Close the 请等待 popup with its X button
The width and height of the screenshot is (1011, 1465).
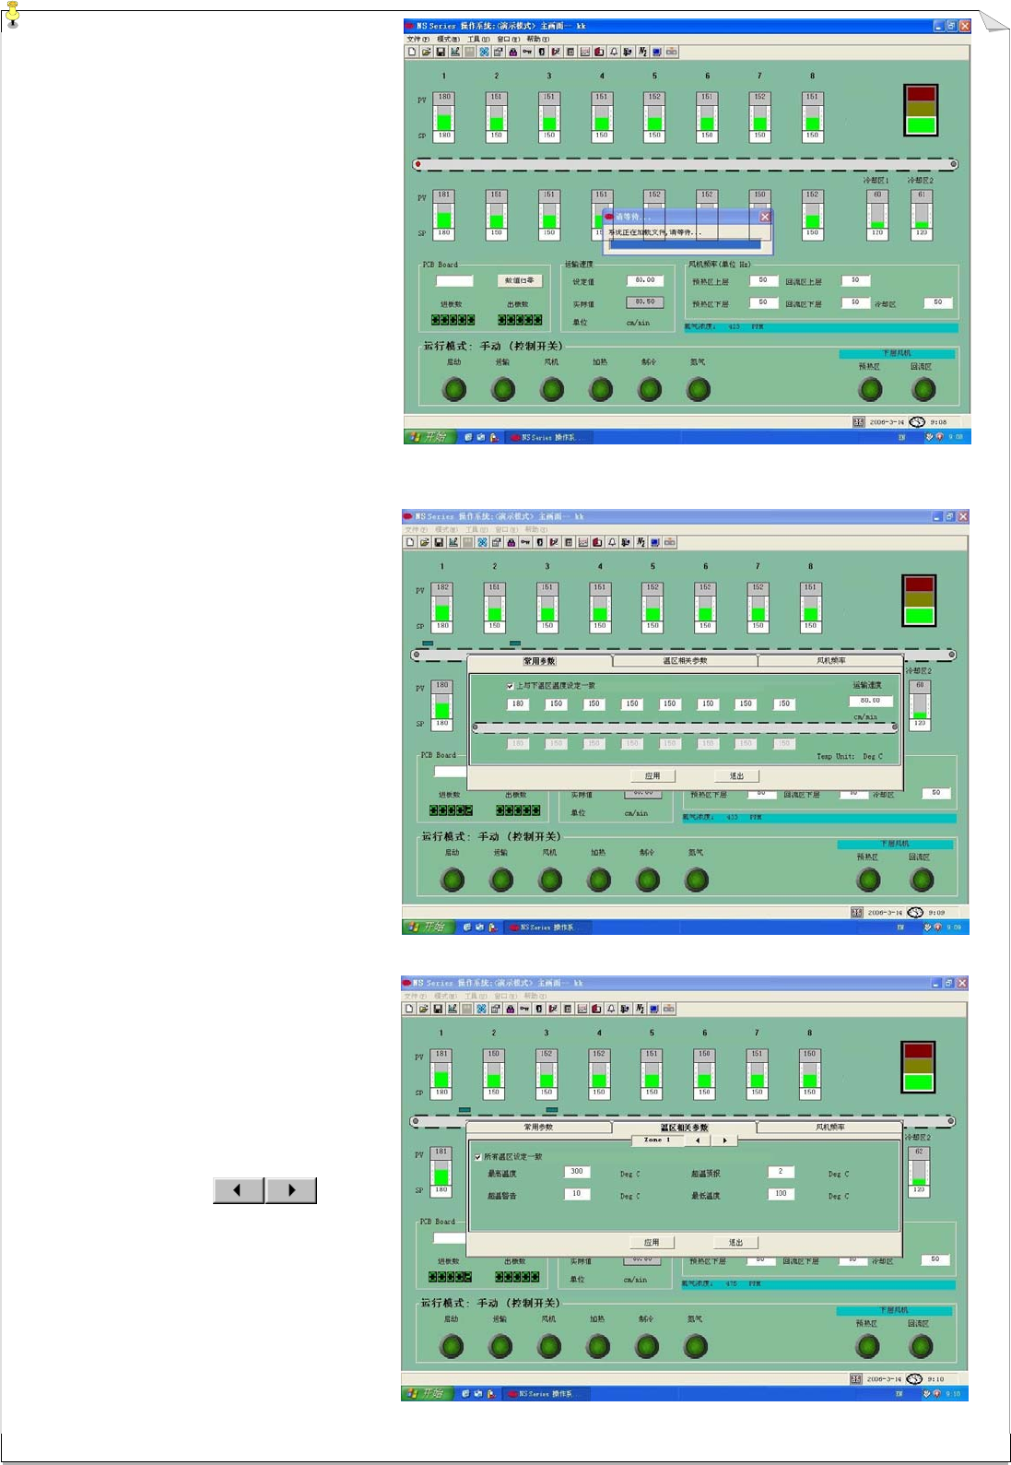pos(765,217)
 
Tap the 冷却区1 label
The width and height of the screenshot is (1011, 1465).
pos(876,181)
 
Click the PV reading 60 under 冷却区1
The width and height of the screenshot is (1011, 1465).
pos(877,195)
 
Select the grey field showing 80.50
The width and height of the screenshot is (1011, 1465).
pos(645,301)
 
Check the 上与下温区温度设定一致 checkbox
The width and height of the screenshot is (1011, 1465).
pos(510,686)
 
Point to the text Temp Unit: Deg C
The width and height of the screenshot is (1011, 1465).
pos(849,756)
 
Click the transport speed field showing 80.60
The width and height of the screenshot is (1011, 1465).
pos(869,701)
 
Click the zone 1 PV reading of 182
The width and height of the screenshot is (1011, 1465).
pos(442,587)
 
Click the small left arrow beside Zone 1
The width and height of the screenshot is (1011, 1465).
pos(698,1140)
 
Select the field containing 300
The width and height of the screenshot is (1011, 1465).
pos(576,1172)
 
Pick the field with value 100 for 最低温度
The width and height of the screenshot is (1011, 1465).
pos(781,1194)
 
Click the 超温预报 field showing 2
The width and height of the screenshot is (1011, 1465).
pos(781,1172)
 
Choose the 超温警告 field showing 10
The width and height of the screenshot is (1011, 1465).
pos(576,1194)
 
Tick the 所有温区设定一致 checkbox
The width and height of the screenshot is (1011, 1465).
pos(477,1157)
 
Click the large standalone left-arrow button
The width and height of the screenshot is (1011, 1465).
pos(238,1190)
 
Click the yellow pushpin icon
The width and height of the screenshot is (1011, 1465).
pos(12,15)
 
